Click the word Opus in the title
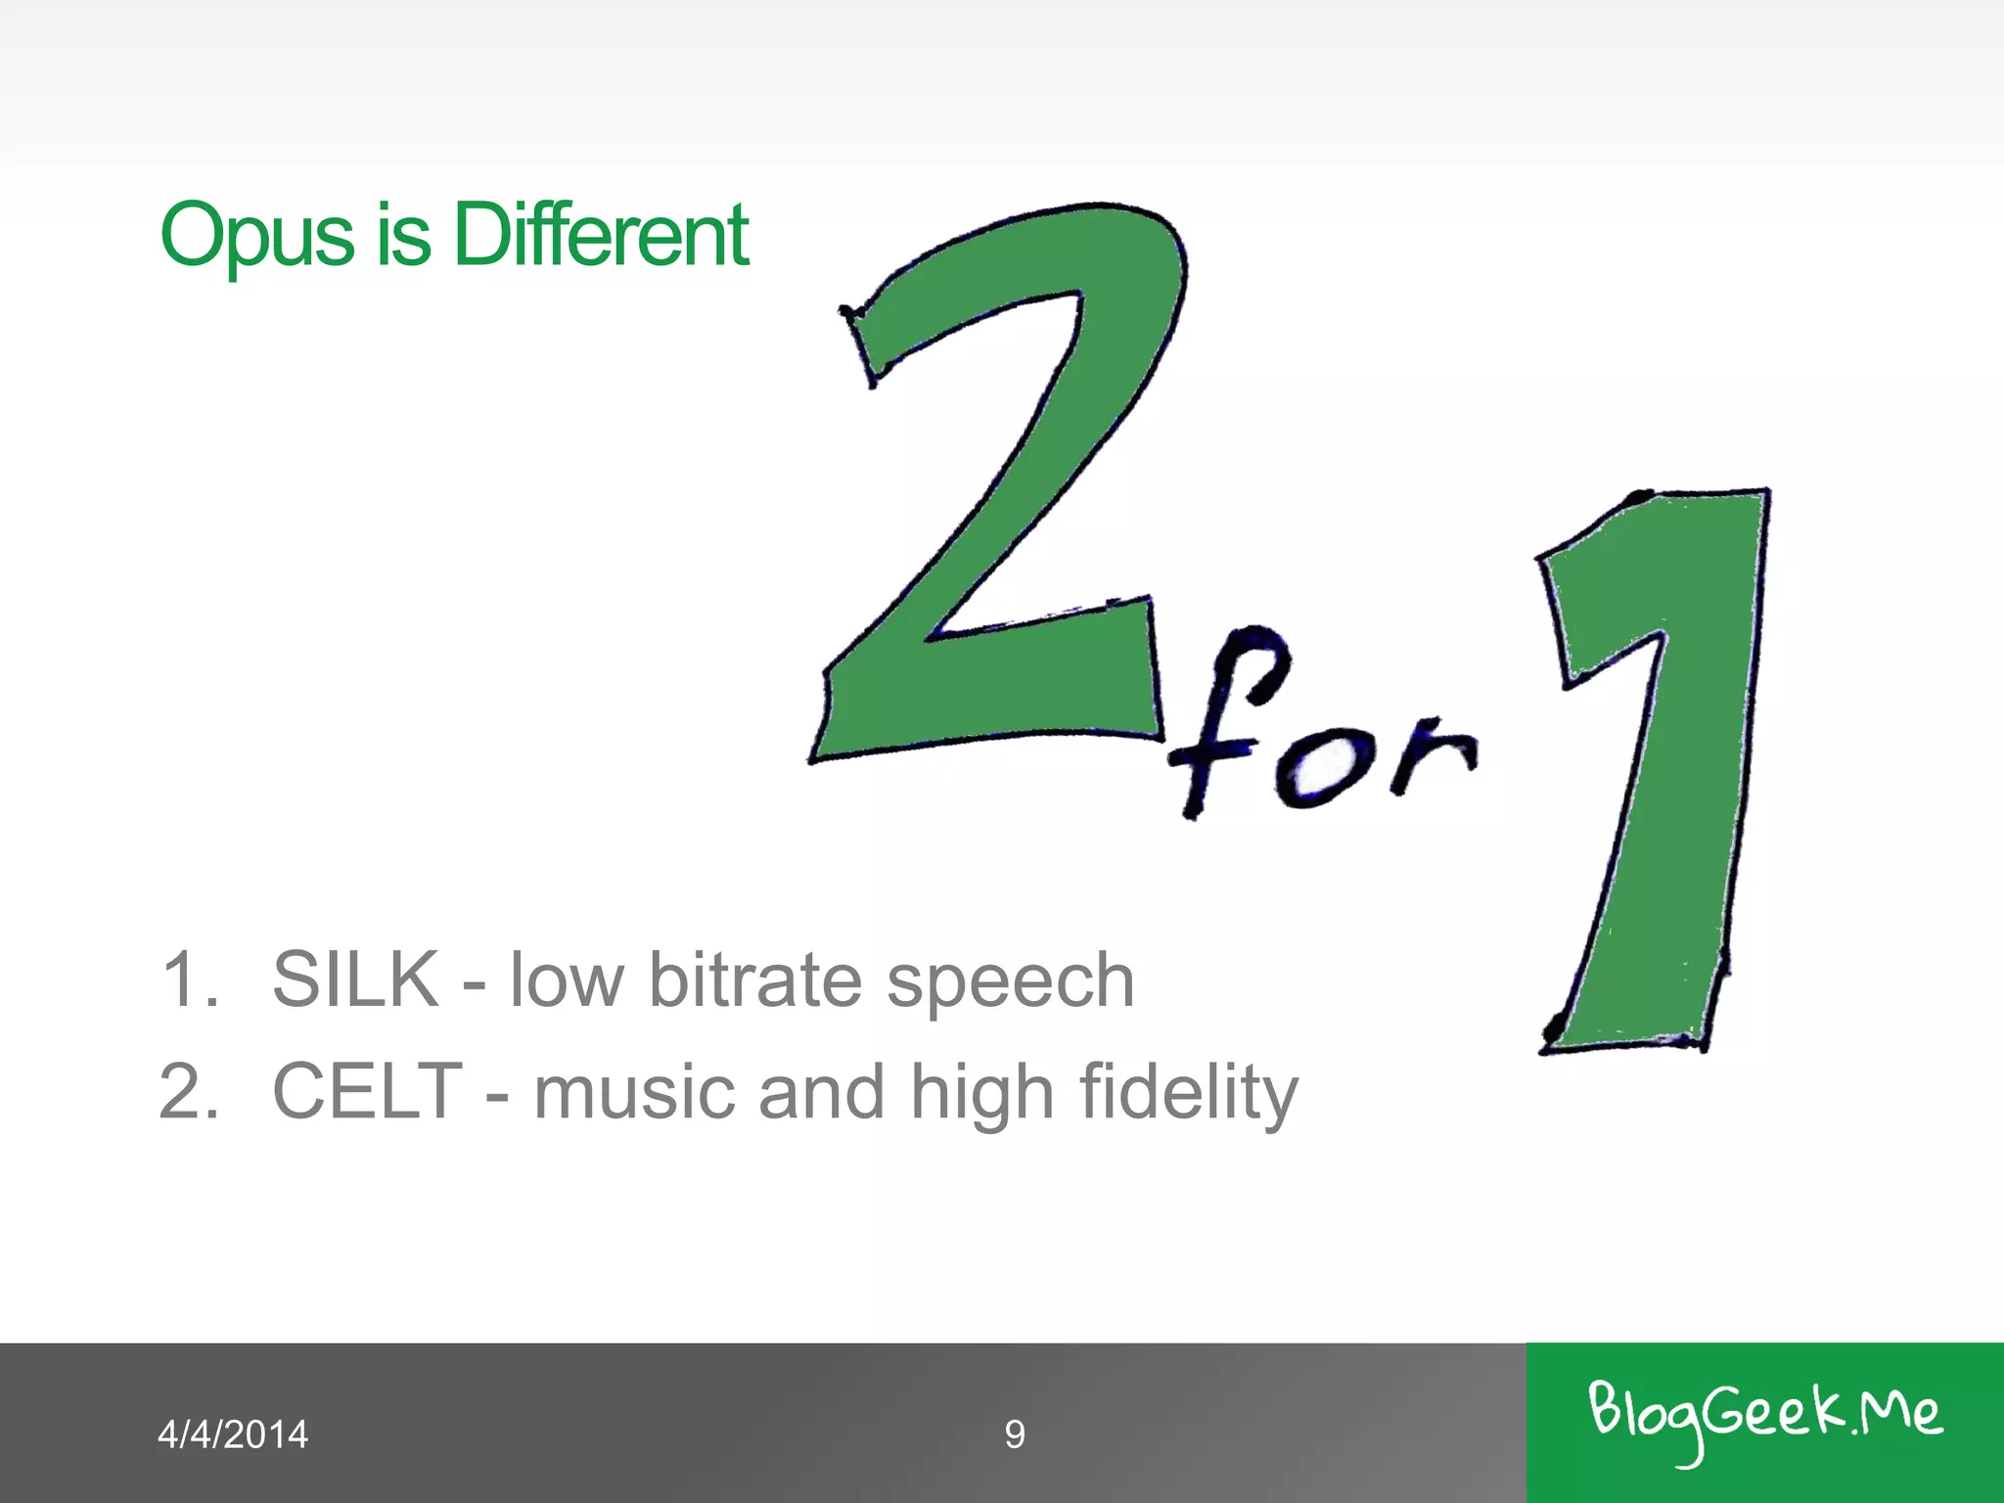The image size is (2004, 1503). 256,235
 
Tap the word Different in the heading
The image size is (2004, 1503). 601,235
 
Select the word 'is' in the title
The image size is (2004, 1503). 403,235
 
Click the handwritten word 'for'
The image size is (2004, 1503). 1321,734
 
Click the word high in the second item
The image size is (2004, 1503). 981,1094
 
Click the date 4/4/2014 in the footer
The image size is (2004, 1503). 233,1435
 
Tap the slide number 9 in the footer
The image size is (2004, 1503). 1015,1435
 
